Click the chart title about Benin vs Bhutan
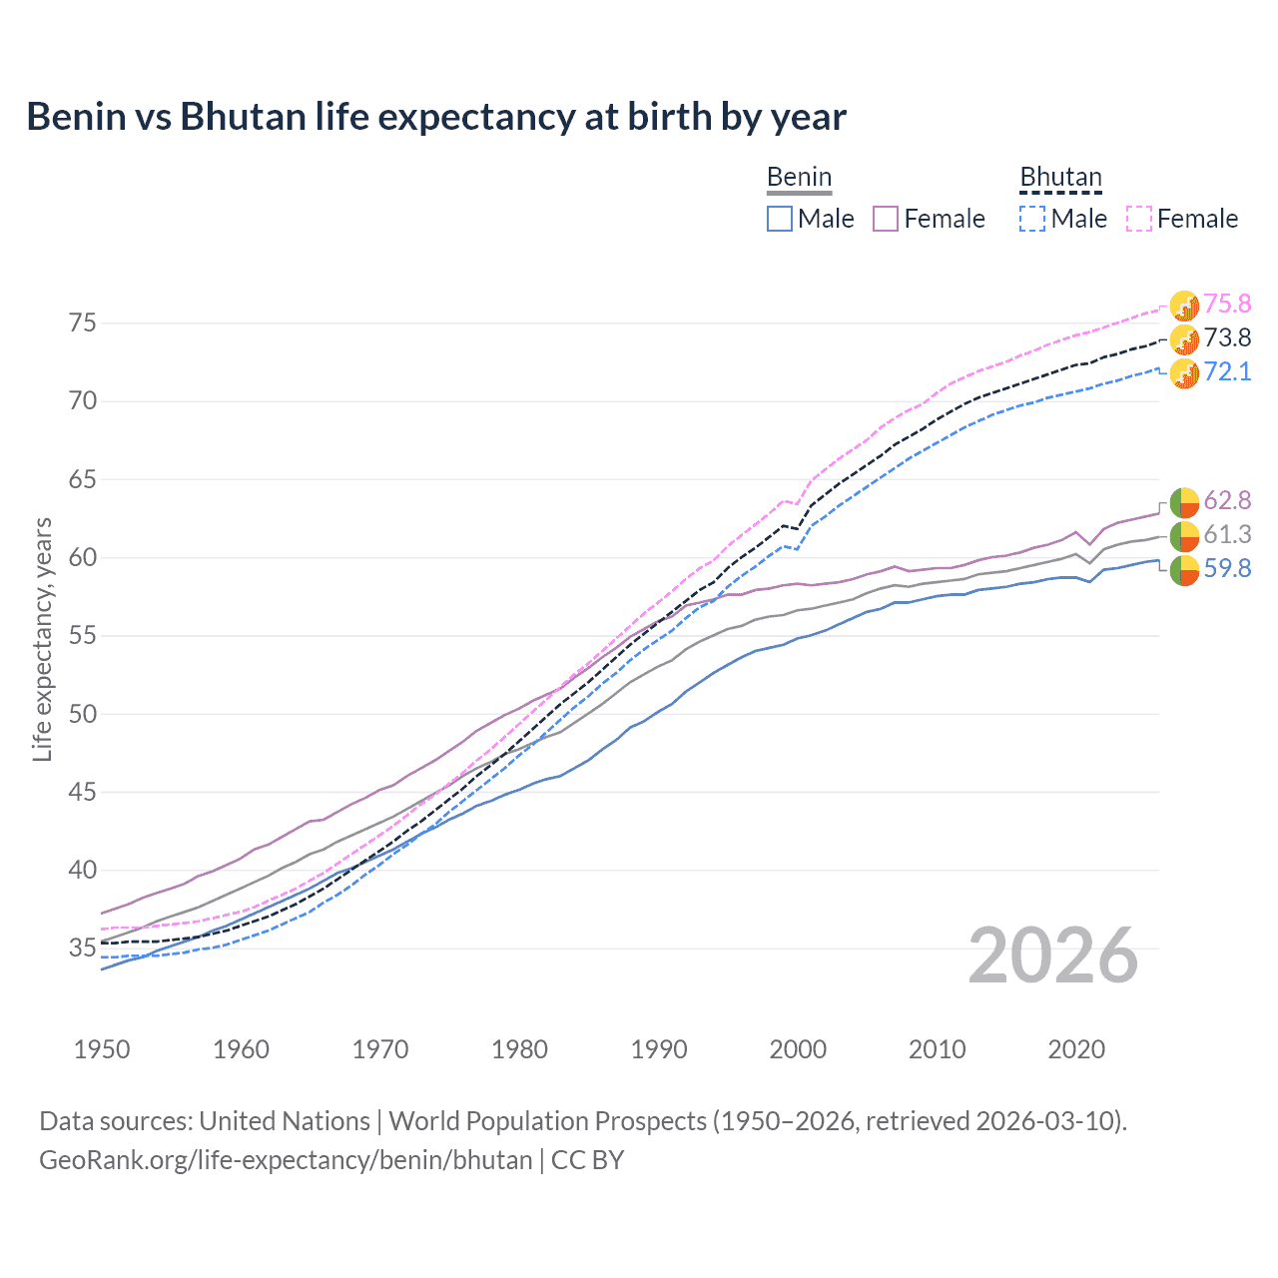click(x=436, y=117)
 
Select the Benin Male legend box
click(x=780, y=219)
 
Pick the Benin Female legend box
click(x=886, y=219)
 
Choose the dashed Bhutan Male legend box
click(x=1032, y=219)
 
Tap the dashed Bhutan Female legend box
click(x=1139, y=219)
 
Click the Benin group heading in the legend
click(x=799, y=178)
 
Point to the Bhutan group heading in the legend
click(x=1060, y=178)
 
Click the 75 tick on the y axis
click(x=82, y=322)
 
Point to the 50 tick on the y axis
click(x=82, y=714)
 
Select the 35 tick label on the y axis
click(x=82, y=948)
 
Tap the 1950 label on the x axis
click(x=102, y=1049)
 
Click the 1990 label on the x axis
click(x=659, y=1049)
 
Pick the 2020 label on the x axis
click(x=1076, y=1049)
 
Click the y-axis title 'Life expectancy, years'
click(x=42, y=639)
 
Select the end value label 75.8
click(x=1227, y=304)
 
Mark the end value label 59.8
click(x=1227, y=568)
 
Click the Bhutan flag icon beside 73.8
click(x=1184, y=339)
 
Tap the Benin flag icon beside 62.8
click(x=1184, y=501)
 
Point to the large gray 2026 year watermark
click(x=1053, y=956)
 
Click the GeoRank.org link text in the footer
click(x=286, y=1160)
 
